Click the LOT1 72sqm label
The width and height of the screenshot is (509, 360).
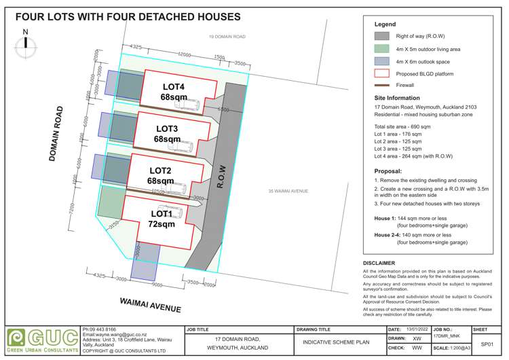tap(160, 219)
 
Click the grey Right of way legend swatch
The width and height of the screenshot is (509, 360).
tap(381, 36)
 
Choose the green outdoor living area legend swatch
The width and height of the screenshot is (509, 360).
tap(381, 49)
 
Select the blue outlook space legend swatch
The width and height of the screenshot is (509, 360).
tap(381, 61)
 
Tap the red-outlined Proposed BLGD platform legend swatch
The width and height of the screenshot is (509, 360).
tap(381, 73)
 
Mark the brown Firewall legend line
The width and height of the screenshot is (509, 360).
tap(381, 86)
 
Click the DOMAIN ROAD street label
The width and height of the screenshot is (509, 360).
tap(57, 133)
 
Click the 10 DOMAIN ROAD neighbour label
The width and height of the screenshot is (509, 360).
tap(228, 37)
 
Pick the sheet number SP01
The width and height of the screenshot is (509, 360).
tap(486, 344)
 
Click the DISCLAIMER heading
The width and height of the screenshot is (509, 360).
tap(379, 263)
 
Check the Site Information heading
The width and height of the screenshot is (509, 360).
tap(397, 98)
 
